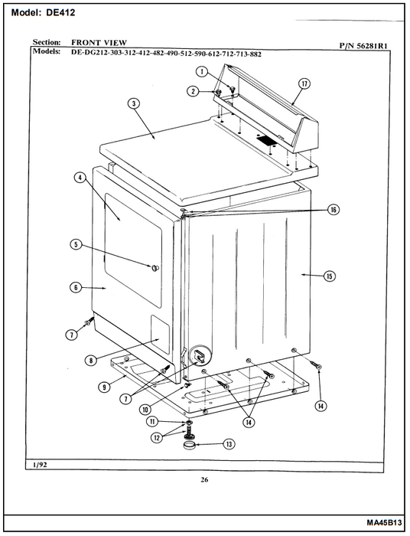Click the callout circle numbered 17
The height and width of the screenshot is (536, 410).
(304, 83)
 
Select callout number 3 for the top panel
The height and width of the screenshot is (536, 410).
(134, 103)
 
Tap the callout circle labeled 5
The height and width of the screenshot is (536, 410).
(76, 244)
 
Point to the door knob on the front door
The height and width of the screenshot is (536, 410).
(155, 267)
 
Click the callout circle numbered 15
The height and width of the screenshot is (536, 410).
(330, 276)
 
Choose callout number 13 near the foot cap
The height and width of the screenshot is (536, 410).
(229, 444)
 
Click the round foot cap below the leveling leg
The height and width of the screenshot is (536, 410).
(189, 446)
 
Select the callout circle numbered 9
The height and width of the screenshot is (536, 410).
(104, 387)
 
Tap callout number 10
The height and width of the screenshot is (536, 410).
(145, 409)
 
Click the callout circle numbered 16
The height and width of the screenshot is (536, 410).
(334, 210)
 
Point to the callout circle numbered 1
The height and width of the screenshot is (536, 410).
(202, 71)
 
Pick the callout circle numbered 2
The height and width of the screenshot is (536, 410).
(193, 91)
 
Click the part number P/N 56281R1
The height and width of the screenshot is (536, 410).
(363, 46)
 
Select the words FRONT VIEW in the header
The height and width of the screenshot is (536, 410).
(99, 43)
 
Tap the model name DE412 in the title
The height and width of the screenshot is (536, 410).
(60, 13)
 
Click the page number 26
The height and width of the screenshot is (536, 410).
(204, 479)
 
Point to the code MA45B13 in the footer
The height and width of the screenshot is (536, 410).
(384, 523)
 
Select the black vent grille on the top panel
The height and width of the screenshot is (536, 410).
(266, 140)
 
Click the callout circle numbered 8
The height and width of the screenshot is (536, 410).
(91, 360)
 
